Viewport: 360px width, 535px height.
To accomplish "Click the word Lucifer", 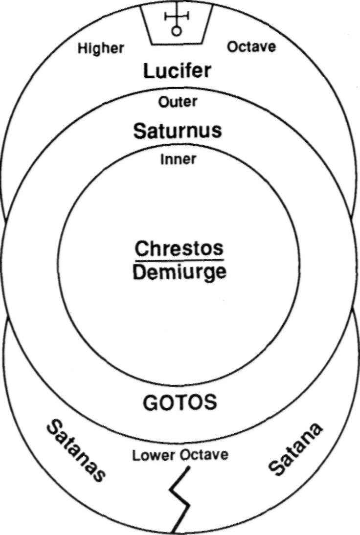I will [177, 71].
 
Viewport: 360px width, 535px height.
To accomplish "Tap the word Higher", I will [101, 48].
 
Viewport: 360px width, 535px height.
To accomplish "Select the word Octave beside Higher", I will [251, 47].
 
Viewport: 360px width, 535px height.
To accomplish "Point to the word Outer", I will [178, 102].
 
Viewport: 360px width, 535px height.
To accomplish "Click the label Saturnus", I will [178, 131].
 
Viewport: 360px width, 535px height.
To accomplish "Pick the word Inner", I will [179, 159].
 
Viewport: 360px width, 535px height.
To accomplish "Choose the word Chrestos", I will [179, 248].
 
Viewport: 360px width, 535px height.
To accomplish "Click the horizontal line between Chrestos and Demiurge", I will [179, 260].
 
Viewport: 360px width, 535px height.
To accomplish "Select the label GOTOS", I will [180, 402].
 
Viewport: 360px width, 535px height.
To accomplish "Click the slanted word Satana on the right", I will [296, 450].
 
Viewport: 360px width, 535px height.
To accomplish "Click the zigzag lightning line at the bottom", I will [180, 499].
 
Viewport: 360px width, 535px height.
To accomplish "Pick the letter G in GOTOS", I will [150, 402].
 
